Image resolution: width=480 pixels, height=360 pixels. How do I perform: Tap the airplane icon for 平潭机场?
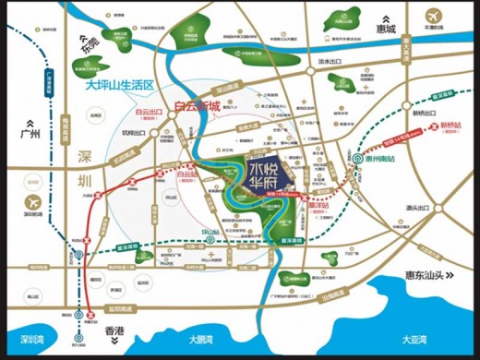(435, 17)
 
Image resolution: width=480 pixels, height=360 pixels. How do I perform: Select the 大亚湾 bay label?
(413, 339)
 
